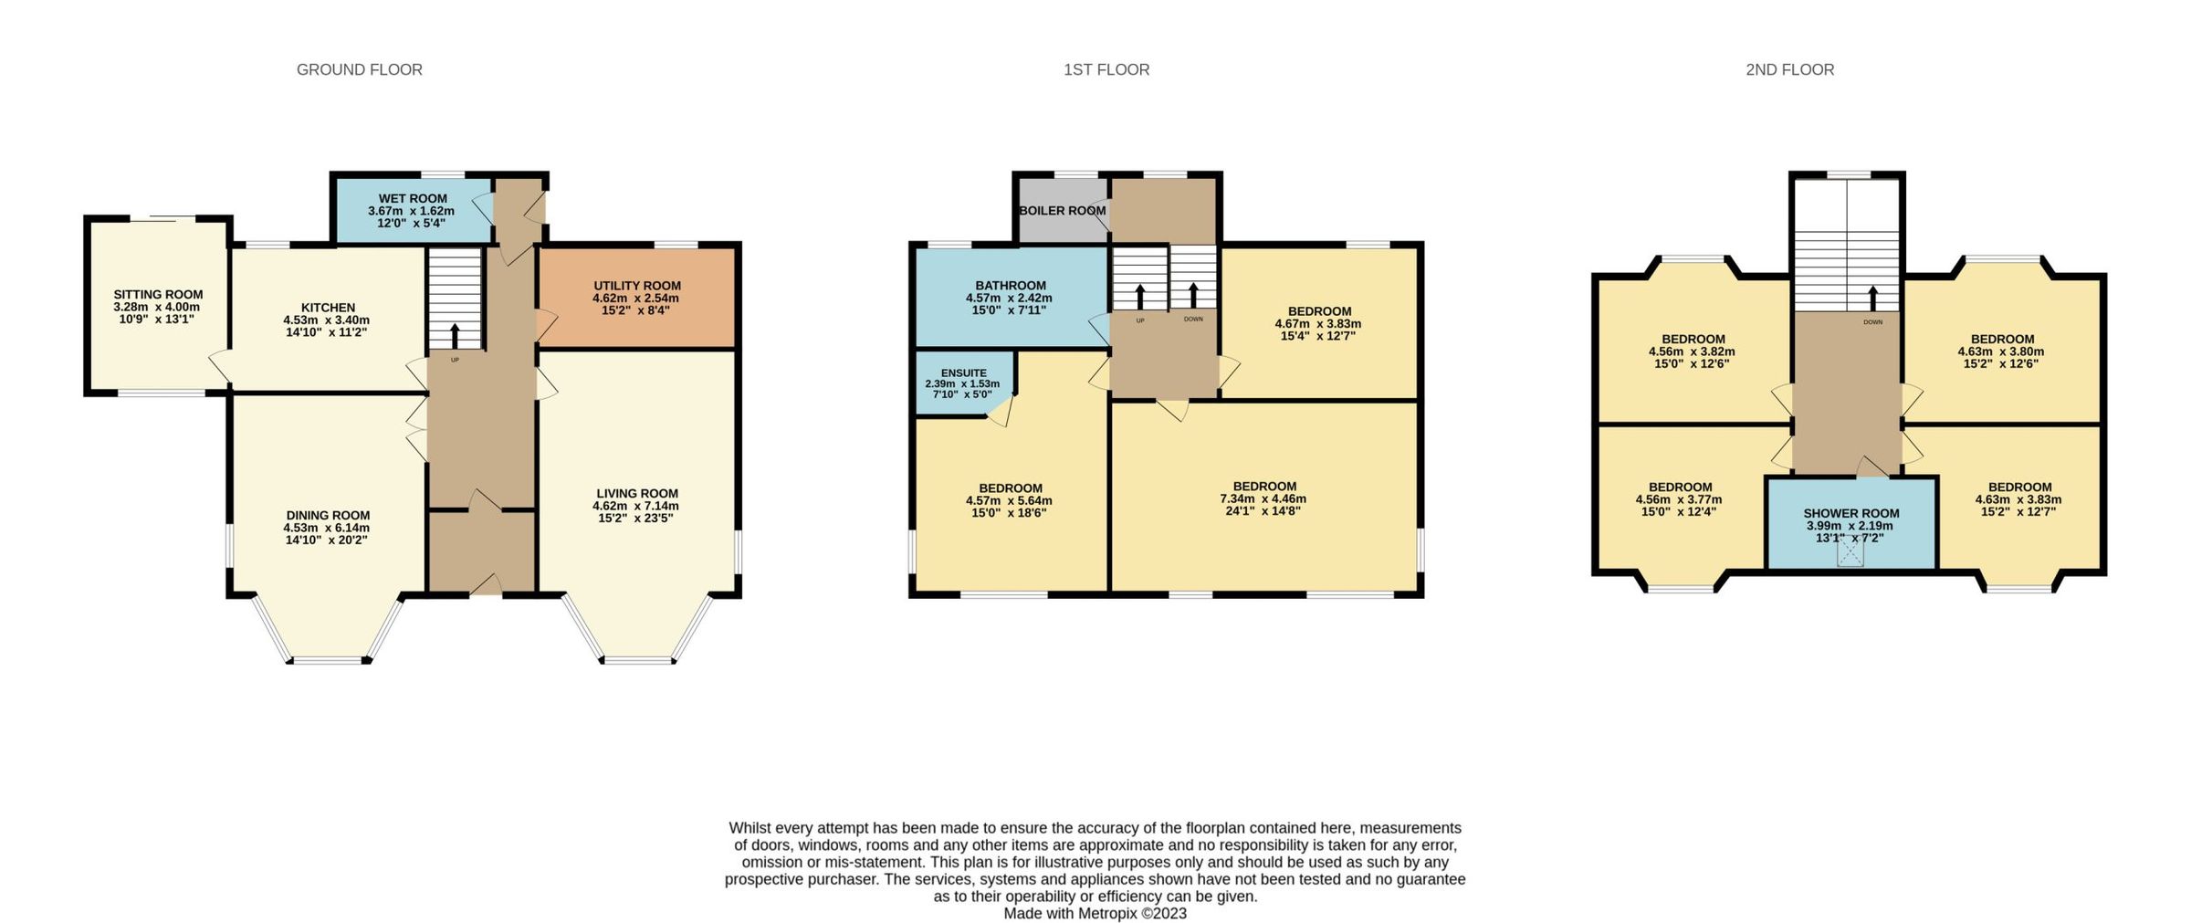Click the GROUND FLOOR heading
(x=359, y=69)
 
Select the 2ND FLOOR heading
(x=1789, y=69)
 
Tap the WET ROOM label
(x=413, y=198)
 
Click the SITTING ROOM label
(x=158, y=294)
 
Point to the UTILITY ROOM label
(x=636, y=285)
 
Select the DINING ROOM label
(x=328, y=515)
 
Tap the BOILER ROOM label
(x=1062, y=211)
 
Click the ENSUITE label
(x=963, y=372)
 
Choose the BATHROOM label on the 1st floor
(x=1010, y=285)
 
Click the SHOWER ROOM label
(x=1850, y=513)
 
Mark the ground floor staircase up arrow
(x=455, y=332)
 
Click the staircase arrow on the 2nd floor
(x=1872, y=298)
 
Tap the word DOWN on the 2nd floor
(x=1872, y=322)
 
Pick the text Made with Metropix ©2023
(x=1095, y=913)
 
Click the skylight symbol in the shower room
(x=1850, y=552)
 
